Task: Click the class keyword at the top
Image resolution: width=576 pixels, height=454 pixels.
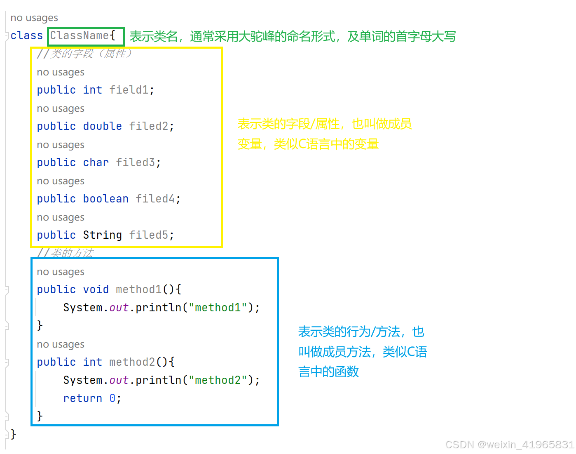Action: [x=27, y=36]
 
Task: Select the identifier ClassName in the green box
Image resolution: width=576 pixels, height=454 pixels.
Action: [x=80, y=36]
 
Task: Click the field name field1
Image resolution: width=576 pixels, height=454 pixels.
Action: [x=129, y=90]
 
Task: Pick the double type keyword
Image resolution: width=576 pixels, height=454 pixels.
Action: [x=102, y=126]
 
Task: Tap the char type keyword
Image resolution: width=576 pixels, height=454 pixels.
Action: [x=96, y=162]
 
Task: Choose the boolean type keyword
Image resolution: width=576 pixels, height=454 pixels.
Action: [x=105, y=199]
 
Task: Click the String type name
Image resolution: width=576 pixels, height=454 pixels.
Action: [x=102, y=235]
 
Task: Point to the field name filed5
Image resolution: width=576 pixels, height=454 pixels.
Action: [x=148, y=235]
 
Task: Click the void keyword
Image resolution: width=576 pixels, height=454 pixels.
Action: [x=96, y=289]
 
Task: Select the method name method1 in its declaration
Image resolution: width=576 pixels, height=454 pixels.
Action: [x=138, y=289]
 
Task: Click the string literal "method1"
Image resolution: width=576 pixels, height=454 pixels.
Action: [x=218, y=308]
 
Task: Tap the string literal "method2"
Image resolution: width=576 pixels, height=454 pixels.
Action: [x=218, y=380]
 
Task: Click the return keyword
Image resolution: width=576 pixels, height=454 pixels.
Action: [x=82, y=398]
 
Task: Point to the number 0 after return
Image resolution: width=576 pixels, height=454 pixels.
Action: [x=112, y=398]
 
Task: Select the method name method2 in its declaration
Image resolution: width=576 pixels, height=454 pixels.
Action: [x=132, y=362]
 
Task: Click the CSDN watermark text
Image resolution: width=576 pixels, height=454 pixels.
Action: [x=510, y=445]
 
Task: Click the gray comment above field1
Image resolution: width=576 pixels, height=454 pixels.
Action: [x=84, y=54]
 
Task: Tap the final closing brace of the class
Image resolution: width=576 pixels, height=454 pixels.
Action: [x=14, y=434]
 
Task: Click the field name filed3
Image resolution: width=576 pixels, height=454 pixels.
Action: [x=135, y=162]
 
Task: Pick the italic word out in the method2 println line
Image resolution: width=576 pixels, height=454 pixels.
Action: [x=119, y=380]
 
